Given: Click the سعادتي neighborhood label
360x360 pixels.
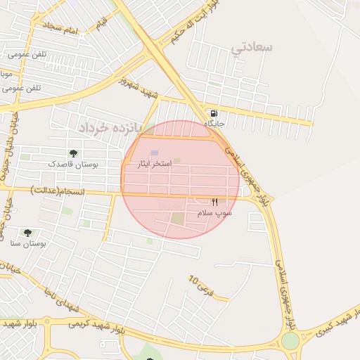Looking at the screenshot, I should point(252,47).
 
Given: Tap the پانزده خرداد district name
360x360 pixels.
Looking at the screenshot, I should point(110,127).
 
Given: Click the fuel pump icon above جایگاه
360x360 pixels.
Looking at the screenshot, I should point(214,113).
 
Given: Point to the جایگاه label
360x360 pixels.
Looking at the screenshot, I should point(214,124).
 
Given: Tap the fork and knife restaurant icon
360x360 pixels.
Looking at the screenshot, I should point(214,202).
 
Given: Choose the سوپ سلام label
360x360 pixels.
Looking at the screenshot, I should point(214,212).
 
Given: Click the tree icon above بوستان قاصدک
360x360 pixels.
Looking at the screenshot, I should point(73,153).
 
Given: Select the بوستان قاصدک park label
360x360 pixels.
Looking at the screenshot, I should point(73,164).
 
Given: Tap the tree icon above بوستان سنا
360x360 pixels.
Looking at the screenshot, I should point(28,233).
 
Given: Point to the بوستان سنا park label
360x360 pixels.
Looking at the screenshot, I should point(28,243).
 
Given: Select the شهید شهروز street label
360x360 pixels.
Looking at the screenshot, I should point(139,88).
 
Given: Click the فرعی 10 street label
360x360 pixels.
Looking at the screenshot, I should point(201,285).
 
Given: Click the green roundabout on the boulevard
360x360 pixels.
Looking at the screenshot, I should point(290,342).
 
